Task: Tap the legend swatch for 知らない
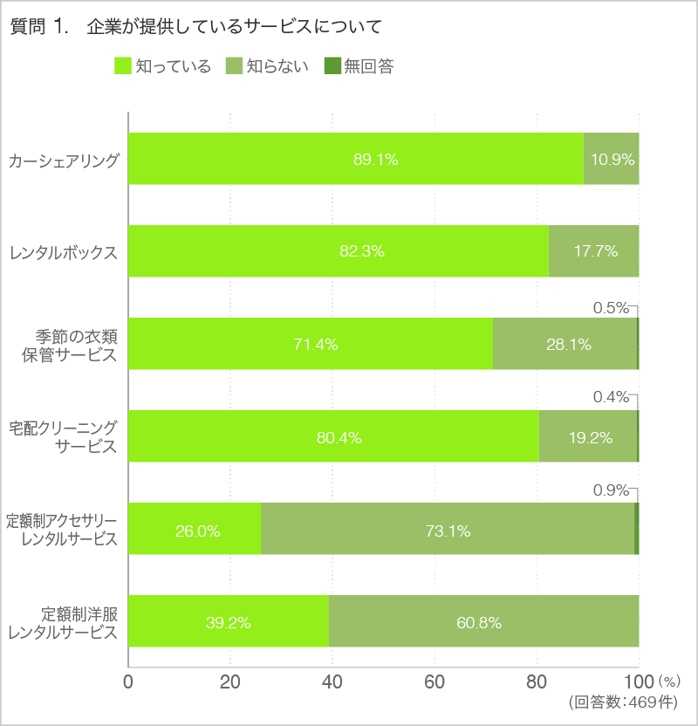(x=234, y=66)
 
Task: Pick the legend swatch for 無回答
(x=332, y=66)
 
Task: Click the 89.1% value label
(x=375, y=160)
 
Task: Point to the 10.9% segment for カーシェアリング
(x=611, y=159)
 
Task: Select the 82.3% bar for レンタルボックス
(x=339, y=251)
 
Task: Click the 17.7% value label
(x=595, y=251)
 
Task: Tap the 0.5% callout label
(x=611, y=307)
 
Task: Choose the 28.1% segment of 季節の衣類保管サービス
(x=565, y=344)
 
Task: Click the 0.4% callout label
(x=611, y=398)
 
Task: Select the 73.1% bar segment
(x=448, y=530)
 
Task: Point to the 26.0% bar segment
(x=195, y=530)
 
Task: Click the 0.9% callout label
(x=611, y=490)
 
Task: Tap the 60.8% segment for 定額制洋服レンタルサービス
(x=484, y=622)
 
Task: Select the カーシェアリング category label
(x=63, y=160)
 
